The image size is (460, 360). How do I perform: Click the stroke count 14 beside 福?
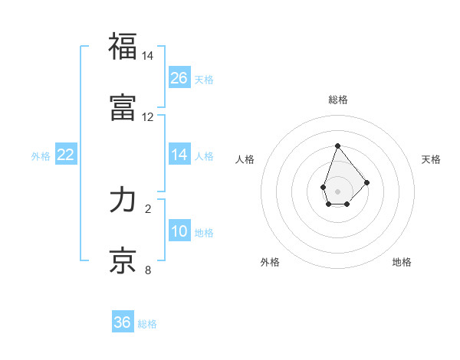(148, 57)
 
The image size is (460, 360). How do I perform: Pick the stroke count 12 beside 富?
(148, 117)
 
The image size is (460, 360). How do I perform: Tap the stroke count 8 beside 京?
(148, 270)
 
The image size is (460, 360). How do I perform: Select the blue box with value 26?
(179, 78)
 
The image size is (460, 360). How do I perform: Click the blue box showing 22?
(66, 155)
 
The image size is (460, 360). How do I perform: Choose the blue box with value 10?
(179, 231)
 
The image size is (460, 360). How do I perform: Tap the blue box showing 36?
(123, 322)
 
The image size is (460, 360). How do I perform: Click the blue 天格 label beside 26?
(204, 80)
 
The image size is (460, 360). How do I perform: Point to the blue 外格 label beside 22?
(41, 156)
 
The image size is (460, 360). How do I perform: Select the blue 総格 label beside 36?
(147, 324)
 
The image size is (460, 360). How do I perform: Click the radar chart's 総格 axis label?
(337, 100)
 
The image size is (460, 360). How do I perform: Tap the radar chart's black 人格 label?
(245, 159)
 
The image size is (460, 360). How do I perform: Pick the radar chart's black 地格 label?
(402, 262)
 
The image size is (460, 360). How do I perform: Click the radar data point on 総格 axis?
(337, 146)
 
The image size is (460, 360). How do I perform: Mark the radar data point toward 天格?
(367, 182)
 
